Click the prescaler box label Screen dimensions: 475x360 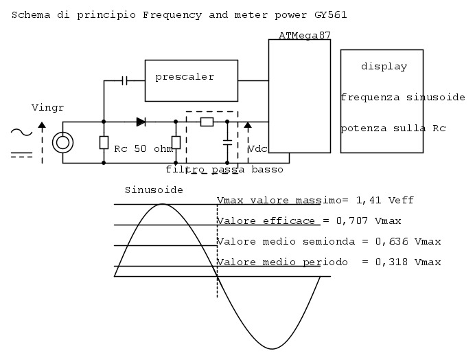pos(185,77)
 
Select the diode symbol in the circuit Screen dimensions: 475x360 pos(141,122)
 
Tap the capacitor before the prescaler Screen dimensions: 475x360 pos(124,80)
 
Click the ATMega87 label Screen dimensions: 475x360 pos(305,36)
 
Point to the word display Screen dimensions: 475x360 pos(384,67)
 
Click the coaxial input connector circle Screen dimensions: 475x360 pos(62,142)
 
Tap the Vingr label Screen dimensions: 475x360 pos(47,108)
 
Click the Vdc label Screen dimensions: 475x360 pos(257,149)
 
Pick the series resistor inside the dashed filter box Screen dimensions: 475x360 pos(207,122)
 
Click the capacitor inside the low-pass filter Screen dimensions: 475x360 pos(227,142)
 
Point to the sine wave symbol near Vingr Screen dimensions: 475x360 pos(21,132)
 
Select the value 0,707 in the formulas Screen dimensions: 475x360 pos(352,221)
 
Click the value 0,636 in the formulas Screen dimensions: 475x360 pos(391,241)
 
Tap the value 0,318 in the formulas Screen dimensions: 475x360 pos(391,262)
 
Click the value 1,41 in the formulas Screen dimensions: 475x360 pos(369,200)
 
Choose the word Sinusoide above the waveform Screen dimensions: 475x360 pos(154,190)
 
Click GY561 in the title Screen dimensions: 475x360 pos(330,15)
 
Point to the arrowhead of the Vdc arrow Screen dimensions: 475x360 pos(248,125)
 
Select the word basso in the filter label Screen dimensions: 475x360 pos(267,169)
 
